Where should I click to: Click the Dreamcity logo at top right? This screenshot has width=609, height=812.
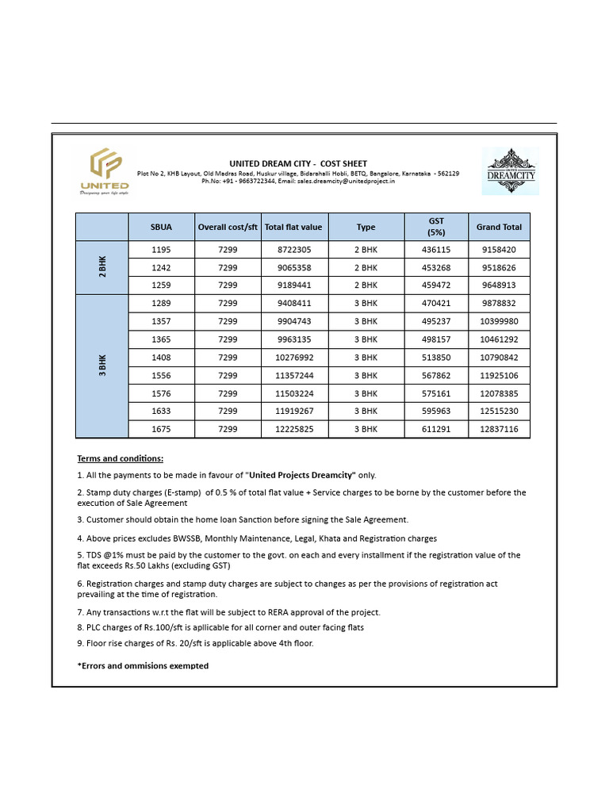[x=510, y=170]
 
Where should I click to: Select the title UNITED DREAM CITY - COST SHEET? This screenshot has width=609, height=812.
[x=298, y=163]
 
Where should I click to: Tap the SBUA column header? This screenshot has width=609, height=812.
[x=161, y=227]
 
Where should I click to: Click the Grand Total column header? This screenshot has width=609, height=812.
[x=499, y=227]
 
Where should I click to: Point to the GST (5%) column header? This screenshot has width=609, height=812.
[x=436, y=227]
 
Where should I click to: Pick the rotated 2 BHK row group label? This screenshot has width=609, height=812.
[x=102, y=267]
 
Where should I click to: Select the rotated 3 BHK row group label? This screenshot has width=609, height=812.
[x=102, y=366]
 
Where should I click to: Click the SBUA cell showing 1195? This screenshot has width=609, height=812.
[x=161, y=250]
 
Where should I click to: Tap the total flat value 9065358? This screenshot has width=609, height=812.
[x=294, y=268]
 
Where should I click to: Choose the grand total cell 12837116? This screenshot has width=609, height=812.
[x=499, y=429]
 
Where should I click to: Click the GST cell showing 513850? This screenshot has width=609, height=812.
[x=436, y=358]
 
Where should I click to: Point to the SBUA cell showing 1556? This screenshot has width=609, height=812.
[x=161, y=376]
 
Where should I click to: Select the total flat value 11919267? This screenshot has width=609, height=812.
[x=294, y=412]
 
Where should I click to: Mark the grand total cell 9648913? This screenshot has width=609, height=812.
[x=499, y=285]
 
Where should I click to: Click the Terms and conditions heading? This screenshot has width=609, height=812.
[x=121, y=458]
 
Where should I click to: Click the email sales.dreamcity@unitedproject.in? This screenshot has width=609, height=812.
[x=346, y=181]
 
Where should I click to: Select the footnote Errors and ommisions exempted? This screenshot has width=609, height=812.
[x=143, y=666]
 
